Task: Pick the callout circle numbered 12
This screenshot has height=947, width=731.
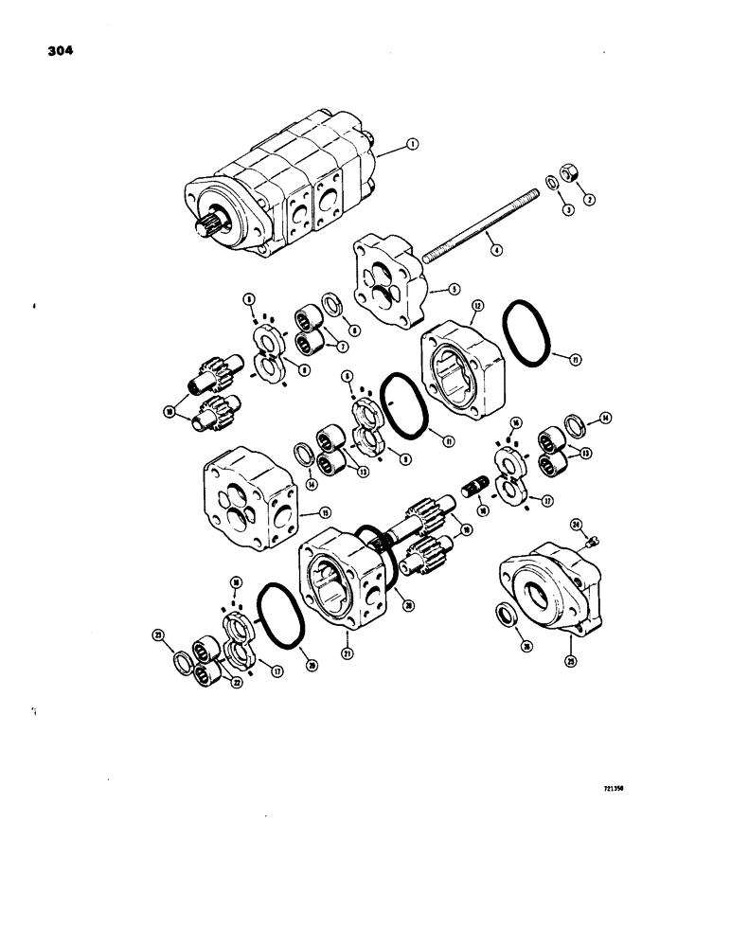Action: pyautogui.click(x=476, y=305)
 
